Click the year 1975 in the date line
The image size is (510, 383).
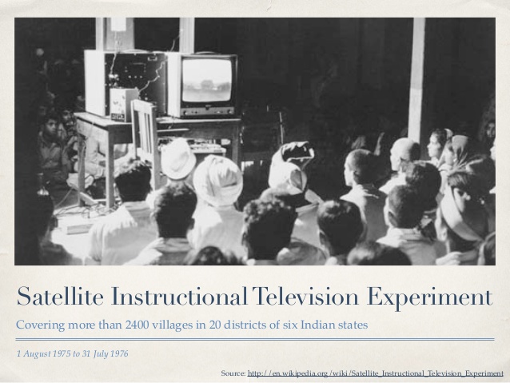(62, 353)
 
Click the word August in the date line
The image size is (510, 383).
(35, 353)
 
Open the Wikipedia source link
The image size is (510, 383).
(376, 373)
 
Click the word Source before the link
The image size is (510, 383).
(233, 373)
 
